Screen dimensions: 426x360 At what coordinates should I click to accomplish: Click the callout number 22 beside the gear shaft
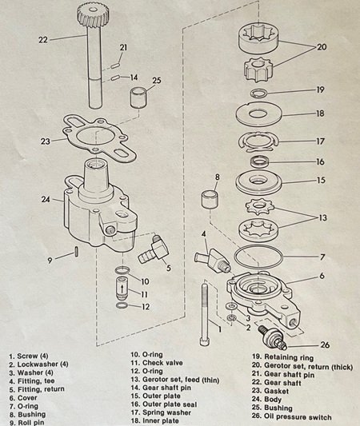tap(43, 39)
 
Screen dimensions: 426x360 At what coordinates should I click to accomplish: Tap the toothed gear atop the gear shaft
tap(94, 14)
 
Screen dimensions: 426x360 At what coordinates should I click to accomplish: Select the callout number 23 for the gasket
tap(46, 141)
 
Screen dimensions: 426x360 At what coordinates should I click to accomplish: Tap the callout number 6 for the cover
tap(322, 276)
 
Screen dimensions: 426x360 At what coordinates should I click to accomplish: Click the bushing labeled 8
tap(212, 196)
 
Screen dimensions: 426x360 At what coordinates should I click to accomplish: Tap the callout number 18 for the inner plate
tap(319, 114)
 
